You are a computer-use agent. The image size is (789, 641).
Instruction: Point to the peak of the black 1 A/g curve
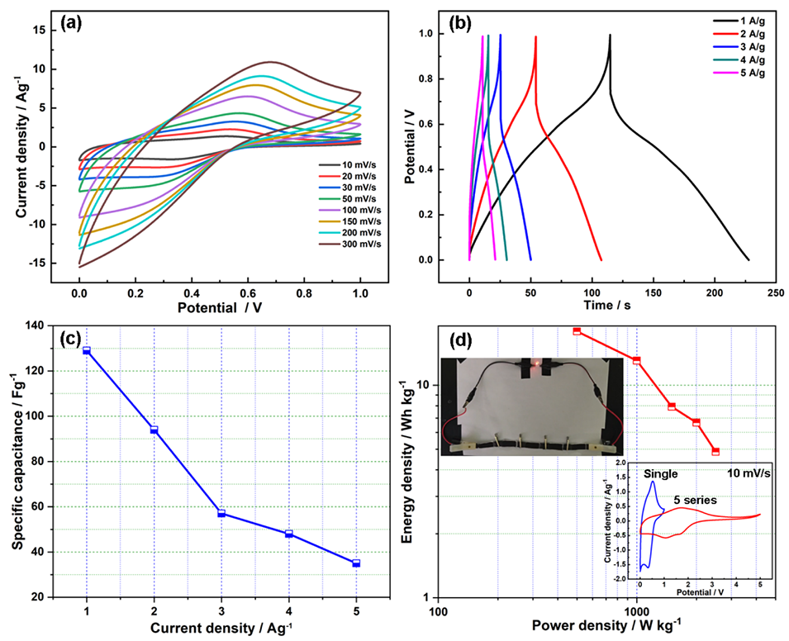610,36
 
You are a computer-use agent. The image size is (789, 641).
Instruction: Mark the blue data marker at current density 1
87,351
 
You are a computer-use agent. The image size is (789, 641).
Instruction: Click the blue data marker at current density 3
221,513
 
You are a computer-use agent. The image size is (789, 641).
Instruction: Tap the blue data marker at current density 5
356,563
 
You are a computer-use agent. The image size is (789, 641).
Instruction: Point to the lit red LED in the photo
535,363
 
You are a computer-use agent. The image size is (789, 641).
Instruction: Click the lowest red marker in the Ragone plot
715,452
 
